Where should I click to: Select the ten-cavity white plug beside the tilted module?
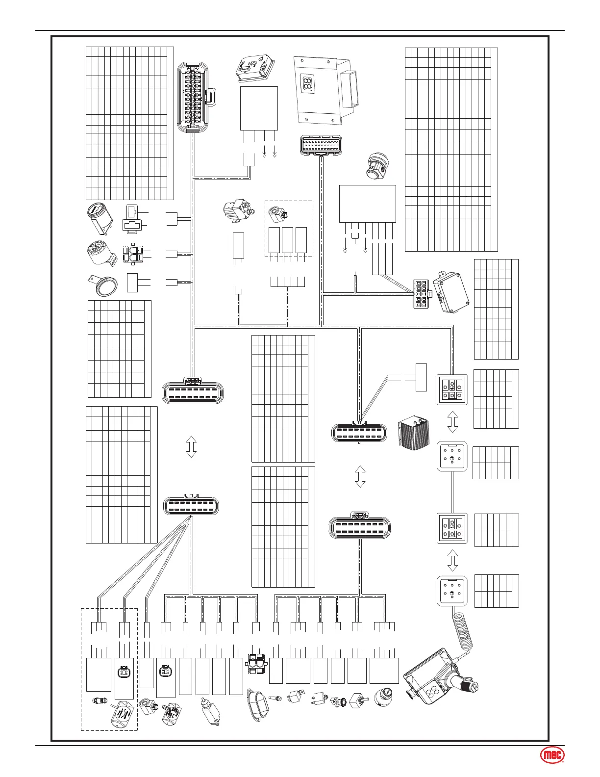421,294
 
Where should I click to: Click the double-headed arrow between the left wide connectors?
191,448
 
